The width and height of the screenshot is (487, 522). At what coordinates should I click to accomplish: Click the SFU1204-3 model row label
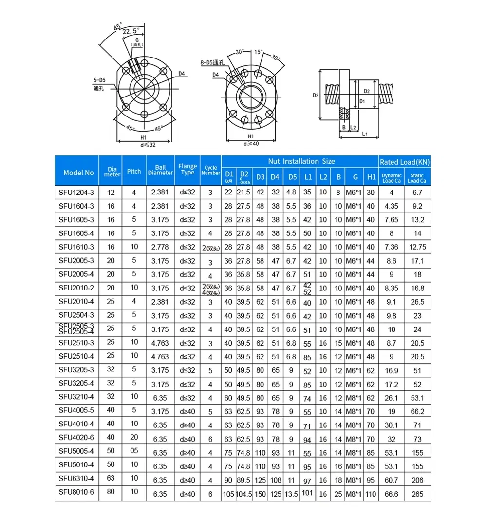click(x=76, y=193)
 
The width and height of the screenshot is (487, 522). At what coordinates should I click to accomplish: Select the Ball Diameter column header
click(x=160, y=170)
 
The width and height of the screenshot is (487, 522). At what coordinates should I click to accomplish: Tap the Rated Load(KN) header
click(x=404, y=162)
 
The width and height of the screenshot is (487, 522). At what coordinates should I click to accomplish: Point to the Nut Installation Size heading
click(x=301, y=161)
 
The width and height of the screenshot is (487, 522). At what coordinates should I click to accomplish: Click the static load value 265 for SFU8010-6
click(x=417, y=494)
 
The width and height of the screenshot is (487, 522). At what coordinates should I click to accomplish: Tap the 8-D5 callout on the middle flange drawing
click(x=212, y=62)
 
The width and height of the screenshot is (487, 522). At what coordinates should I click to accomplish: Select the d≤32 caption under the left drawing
click(x=144, y=144)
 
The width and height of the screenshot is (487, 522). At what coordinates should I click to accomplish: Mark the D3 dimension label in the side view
click(x=315, y=96)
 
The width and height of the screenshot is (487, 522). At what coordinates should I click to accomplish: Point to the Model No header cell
click(x=78, y=173)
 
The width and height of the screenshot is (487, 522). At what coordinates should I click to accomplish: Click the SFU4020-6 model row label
click(x=76, y=439)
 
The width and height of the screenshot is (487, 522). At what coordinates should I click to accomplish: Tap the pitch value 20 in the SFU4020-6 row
click(x=134, y=439)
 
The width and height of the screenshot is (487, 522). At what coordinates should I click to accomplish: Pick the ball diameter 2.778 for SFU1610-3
click(x=160, y=247)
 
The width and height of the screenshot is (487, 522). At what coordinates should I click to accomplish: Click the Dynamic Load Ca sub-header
click(x=392, y=178)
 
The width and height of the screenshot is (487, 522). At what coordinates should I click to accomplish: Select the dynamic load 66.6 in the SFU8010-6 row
click(x=391, y=494)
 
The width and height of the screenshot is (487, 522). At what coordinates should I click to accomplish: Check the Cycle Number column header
click(x=211, y=170)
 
